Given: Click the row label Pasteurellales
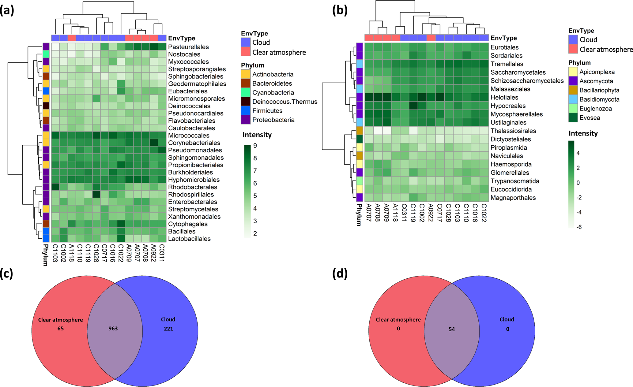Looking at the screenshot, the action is click(188, 47).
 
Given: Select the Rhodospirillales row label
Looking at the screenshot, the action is click(191, 195).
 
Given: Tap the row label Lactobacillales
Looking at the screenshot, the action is click(189, 239).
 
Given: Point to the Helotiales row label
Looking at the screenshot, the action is click(504, 97).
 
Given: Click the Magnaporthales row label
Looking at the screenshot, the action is click(513, 198).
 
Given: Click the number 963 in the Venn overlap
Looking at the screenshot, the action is click(113, 329).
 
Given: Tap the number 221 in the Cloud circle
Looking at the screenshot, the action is click(168, 329).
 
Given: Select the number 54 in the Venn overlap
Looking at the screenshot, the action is click(452, 329).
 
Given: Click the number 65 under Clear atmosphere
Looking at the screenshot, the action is click(61, 329).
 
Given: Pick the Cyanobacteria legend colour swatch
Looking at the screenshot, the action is click(246, 92).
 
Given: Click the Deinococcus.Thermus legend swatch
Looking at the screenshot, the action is click(246, 102).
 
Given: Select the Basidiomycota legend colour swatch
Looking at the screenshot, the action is click(573, 99).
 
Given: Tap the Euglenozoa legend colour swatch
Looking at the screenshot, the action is click(573, 108).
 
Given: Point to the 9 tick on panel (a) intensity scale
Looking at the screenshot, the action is click(255, 146).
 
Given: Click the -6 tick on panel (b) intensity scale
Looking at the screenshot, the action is click(579, 227).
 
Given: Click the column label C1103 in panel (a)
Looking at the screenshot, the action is click(55, 253).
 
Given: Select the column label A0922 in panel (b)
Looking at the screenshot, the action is click(431, 213).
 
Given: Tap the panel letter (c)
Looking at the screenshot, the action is click(7, 274).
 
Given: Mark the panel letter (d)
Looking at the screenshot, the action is click(340, 274).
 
